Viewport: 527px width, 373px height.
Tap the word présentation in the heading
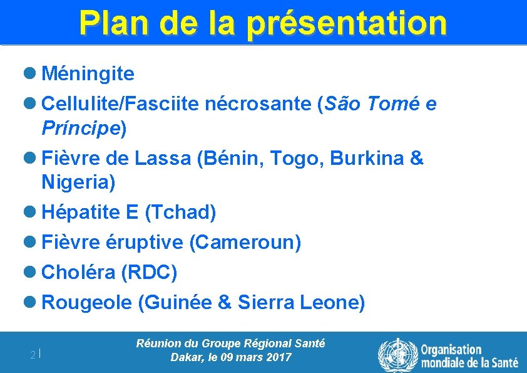347,23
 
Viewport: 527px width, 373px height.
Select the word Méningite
88,74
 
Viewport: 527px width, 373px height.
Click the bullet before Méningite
31,74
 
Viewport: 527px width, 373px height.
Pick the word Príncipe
81,129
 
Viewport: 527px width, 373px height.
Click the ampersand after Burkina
416,159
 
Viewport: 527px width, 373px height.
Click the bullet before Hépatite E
31,213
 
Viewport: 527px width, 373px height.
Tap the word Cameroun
247,242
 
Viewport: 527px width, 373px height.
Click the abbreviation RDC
150,273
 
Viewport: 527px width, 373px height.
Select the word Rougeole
86,303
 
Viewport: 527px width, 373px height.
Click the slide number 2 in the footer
33,355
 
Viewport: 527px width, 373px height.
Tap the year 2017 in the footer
279,358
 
